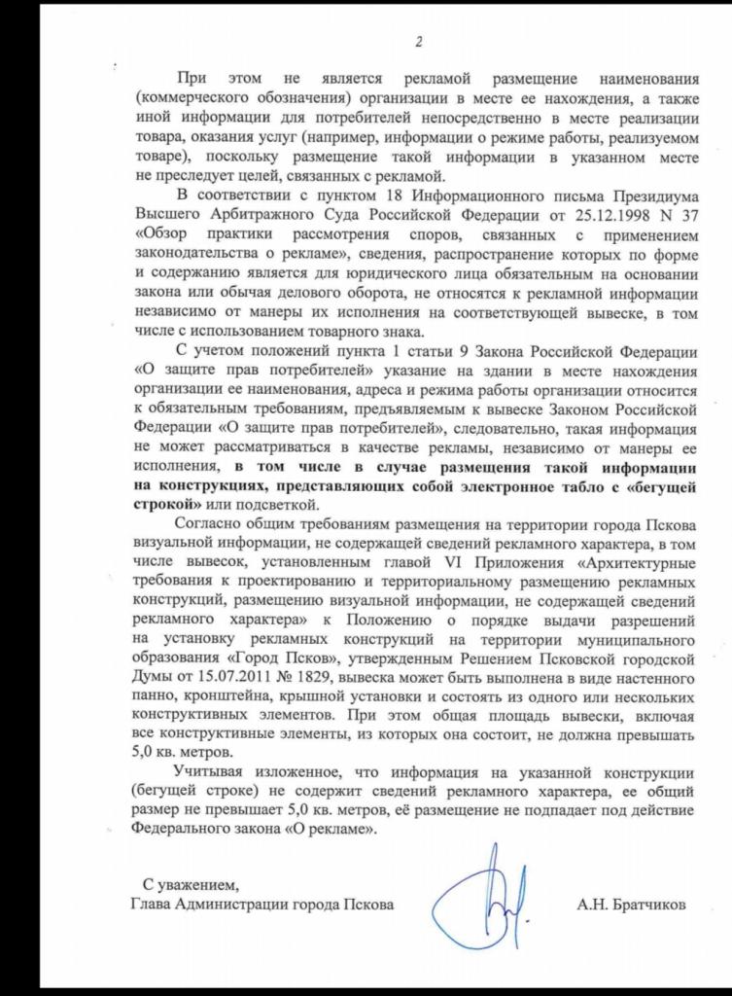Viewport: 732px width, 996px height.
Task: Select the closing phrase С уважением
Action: click(x=190, y=885)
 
